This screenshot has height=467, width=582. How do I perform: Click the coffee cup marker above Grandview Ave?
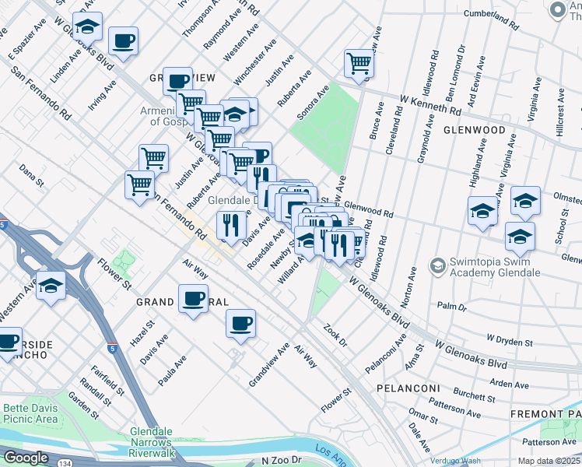(x=241, y=323)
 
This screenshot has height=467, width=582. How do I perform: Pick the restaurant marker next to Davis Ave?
(x=231, y=226)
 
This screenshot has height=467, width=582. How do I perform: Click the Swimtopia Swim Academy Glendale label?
(x=488, y=268)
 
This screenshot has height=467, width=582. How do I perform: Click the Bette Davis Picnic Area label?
(x=30, y=414)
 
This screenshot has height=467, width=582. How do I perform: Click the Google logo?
(x=26, y=458)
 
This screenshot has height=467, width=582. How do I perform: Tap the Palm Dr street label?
(x=452, y=306)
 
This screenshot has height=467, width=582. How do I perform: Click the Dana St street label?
(x=32, y=174)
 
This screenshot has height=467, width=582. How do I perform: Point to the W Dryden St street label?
(x=509, y=340)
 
